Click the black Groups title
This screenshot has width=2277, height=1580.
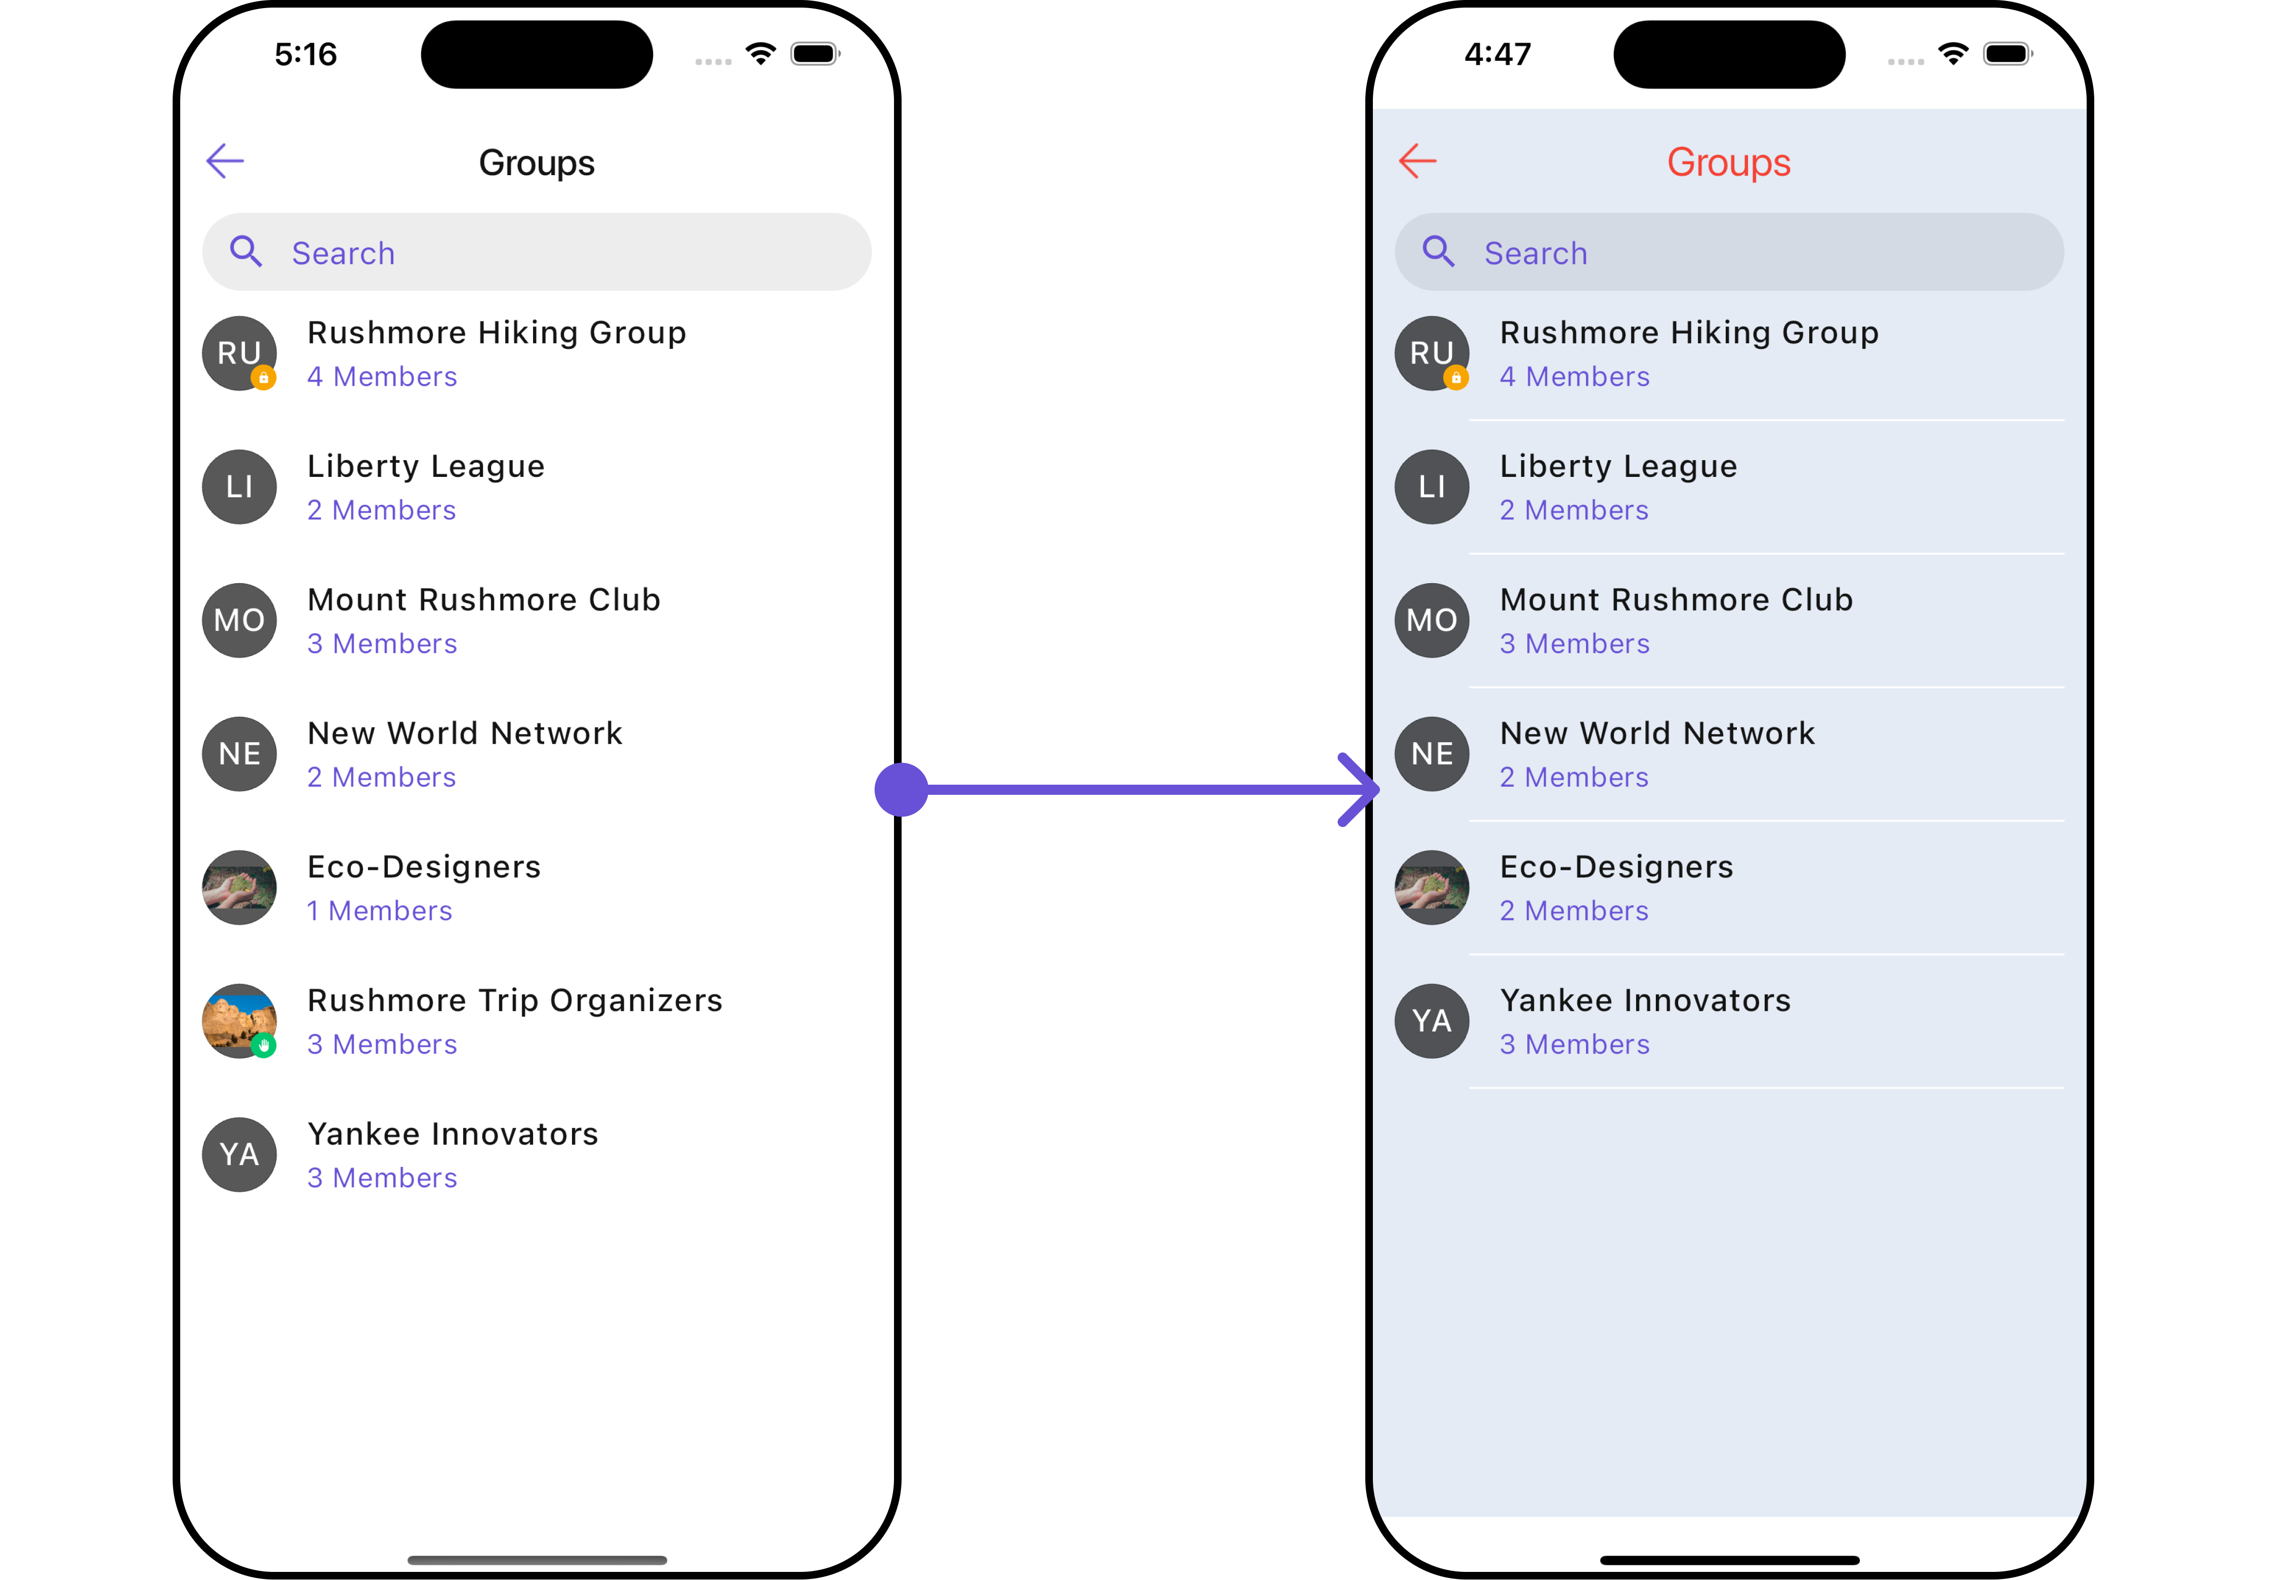click(537, 163)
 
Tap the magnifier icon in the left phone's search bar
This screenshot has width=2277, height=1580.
click(246, 252)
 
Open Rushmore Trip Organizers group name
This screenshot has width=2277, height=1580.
click(515, 1001)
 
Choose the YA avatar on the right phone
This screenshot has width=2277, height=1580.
click(1432, 1021)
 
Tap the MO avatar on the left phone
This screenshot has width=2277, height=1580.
click(239, 620)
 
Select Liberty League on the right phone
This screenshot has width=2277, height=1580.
click(1618, 466)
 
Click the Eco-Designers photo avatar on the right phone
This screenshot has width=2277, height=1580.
click(1432, 887)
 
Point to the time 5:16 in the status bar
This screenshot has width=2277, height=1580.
click(306, 55)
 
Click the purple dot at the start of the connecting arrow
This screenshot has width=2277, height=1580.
click(901, 790)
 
